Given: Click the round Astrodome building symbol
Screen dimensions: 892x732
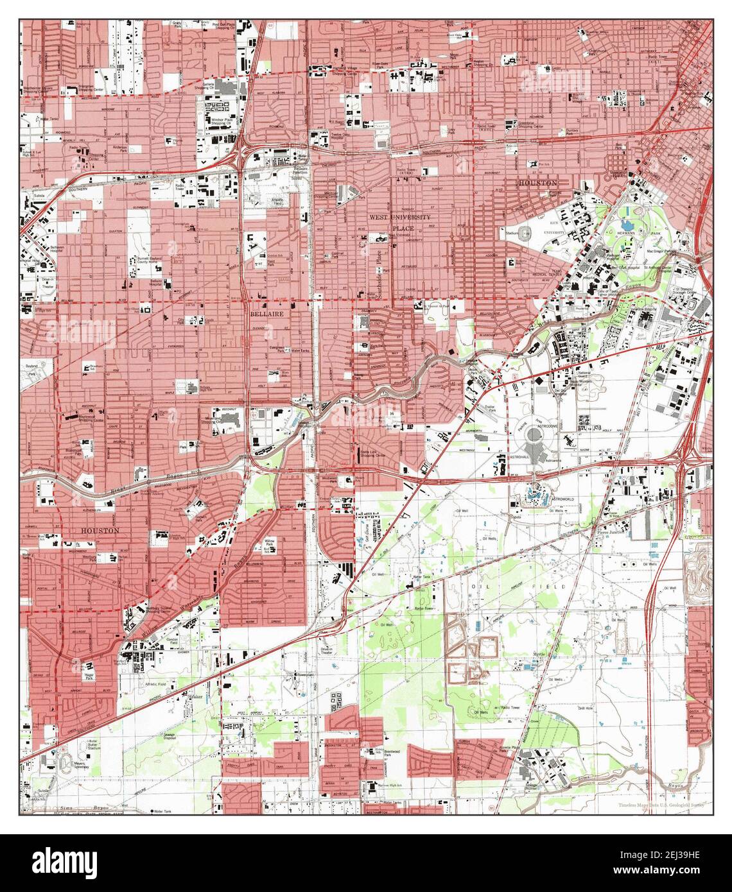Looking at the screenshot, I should pyautogui.click(x=533, y=437).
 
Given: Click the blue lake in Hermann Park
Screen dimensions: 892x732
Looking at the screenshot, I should pyautogui.click(x=635, y=225).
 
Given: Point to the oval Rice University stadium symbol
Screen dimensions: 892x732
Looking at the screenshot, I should pyautogui.click(x=528, y=232).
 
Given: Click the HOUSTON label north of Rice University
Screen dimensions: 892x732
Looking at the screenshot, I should pyautogui.click(x=537, y=183).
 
